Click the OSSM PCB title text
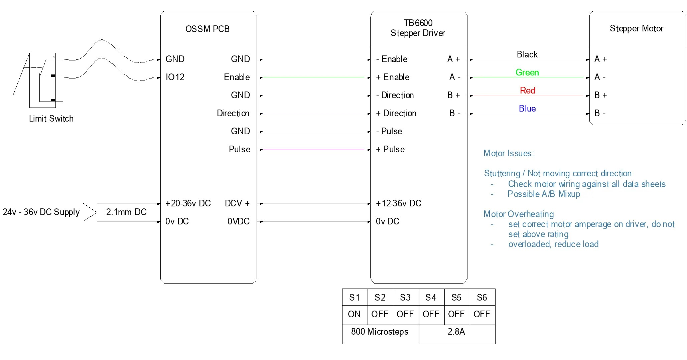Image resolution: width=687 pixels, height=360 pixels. tap(207, 29)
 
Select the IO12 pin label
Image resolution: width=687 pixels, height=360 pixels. tap(175, 77)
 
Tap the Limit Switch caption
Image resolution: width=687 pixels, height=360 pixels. tap(51, 119)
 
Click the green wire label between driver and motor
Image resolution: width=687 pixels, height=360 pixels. tap(527, 72)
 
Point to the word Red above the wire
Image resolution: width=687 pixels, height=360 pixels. tap(527, 91)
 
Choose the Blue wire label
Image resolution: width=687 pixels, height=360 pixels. tap(527, 109)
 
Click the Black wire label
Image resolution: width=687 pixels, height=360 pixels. tap(527, 54)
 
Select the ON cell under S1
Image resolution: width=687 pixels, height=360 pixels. tap(354, 314)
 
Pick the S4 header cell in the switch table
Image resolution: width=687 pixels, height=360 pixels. tap(431, 298)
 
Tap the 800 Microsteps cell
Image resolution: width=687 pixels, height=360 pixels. tap(380, 332)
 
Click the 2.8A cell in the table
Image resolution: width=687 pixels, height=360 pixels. tap(456, 332)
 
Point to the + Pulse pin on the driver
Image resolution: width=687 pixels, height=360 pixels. tap(390, 149)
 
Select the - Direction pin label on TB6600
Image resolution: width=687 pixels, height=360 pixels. tap(395, 95)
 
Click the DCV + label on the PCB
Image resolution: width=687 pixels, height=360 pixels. tap(237, 203)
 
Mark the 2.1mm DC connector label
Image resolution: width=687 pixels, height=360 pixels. tap(126, 212)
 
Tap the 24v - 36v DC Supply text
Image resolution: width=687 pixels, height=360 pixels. tap(41, 212)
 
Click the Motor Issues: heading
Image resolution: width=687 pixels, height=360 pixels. tap(509, 153)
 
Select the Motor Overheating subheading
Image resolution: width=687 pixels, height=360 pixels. tap(518, 214)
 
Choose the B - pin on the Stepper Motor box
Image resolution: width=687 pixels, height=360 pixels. tap(600, 113)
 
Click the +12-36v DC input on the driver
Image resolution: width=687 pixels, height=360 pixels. tap(398, 203)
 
